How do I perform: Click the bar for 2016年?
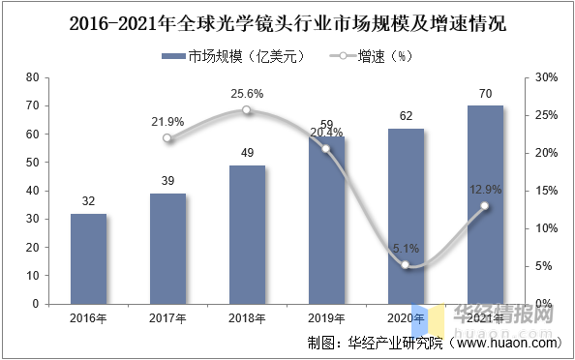coord(88,258)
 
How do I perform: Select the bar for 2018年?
coord(247,234)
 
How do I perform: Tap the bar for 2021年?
coord(485,204)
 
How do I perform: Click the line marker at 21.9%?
coord(167,138)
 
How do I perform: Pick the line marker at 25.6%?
coord(247,110)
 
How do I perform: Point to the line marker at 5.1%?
coord(406,265)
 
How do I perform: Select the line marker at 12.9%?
coord(485,206)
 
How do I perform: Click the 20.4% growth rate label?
coord(325,133)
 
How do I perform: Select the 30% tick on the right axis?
coord(547,77)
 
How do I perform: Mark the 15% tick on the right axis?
coord(547,191)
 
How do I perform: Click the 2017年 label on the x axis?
coord(167,316)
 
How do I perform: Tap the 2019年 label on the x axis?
coord(325,316)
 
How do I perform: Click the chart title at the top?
coord(287,22)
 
